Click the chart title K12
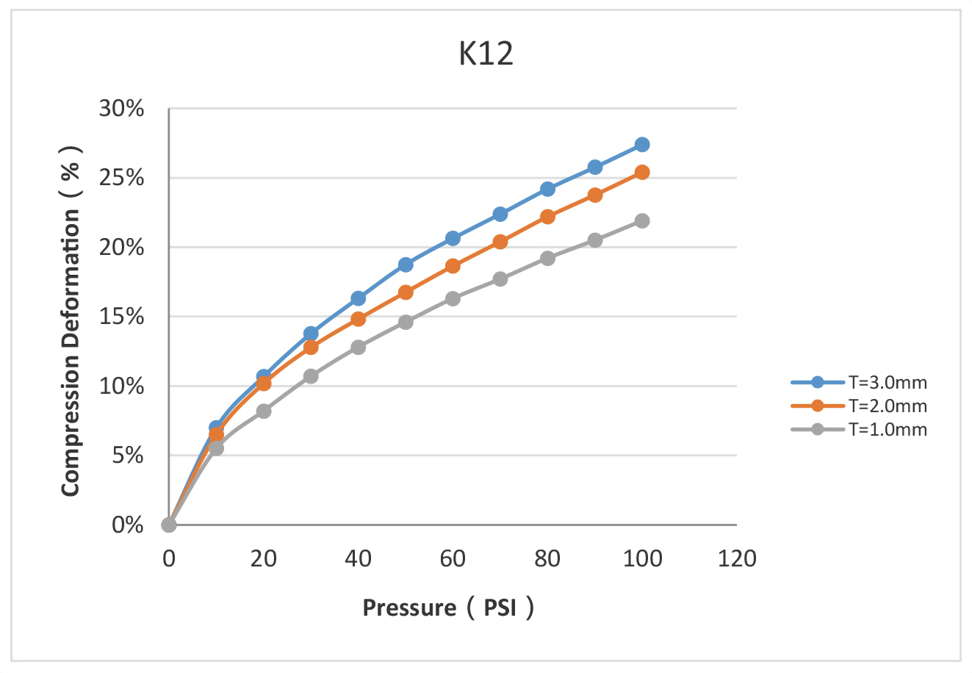tap(486, 54)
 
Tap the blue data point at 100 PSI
tap(642, 145)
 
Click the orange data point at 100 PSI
tap(642, 173)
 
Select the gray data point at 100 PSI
tap(642, 220)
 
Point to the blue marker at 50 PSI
tap(406, 264)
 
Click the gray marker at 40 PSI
tap(359, 347)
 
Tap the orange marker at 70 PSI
tap(500, 242)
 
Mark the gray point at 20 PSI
tap(264, 411)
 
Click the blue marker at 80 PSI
tap(547, 189)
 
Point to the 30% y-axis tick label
tap(122, 109)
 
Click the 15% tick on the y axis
tap(122, 317)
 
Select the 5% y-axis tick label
tap(128, 456)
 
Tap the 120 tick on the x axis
tap(737, 559)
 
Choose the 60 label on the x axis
tap(453, 559)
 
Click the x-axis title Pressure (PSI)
tap(447, 608)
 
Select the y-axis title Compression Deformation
tap(71, 321)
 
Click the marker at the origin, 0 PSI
tap(169, 525)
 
